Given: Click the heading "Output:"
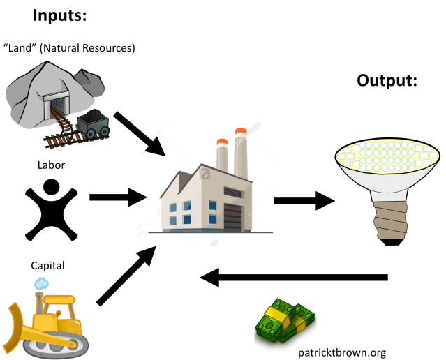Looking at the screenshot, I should pos(387,81).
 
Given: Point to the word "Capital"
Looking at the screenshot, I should pos(47,265).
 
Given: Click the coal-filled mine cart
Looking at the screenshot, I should pos(92,125).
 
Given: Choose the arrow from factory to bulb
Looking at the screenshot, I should pos(304,202).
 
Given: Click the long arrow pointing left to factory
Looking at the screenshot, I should pos(293,278).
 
